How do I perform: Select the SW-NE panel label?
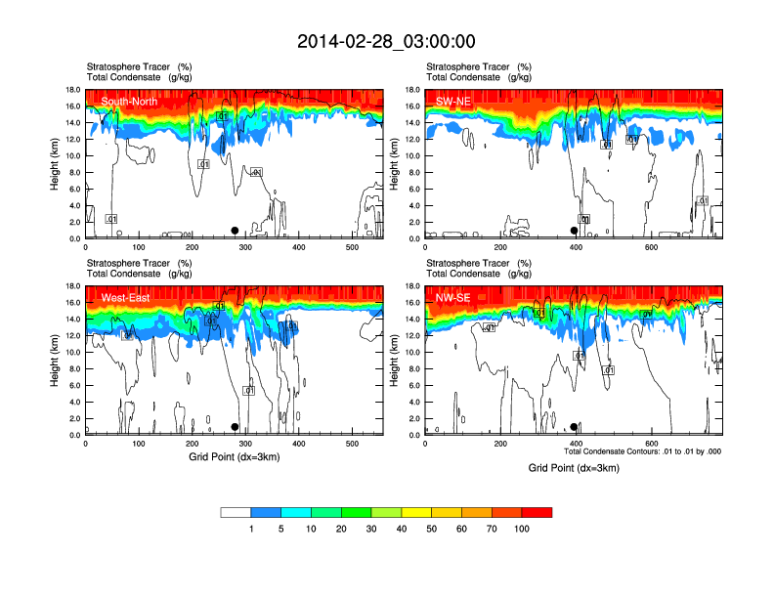pyautogui.click(x=454, y=101)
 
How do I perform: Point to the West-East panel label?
pyautogui.click(x=125, y=298)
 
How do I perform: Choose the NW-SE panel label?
pyautogui.click(x=454, y=298)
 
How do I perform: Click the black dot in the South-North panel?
pyautogui.click(x=235, y=231)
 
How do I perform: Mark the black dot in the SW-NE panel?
pyautogui.click(x=574, y=231)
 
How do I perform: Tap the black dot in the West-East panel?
pyautogui.click(x=235, y=427)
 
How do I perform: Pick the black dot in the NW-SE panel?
pyautogui.click(x=574, y=427)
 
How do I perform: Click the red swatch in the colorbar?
pyautogui.click(x=537, y=512)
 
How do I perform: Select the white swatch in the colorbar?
pyautogui.click(x=236, y=512)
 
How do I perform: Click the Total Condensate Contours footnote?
pyautogui.click(x=642, y=451)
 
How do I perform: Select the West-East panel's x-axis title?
pyautogui.click(x=235, y=457)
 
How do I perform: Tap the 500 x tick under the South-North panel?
pyautogui.click(x=351, y=247)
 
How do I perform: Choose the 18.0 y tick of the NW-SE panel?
pyautogui.click(x=411, y=286)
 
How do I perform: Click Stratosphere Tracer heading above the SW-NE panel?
pyautogui.click(x=469, y=65)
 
